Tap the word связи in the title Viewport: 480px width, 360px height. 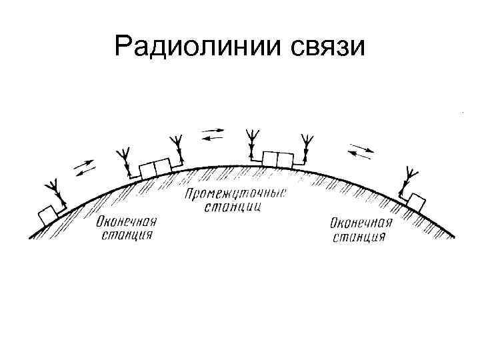(328, 46)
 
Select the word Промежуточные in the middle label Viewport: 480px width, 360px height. (235, 194)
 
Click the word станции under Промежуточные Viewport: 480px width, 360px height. (235, 207)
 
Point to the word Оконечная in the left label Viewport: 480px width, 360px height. (127, 222)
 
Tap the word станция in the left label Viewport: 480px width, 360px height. (127, 235)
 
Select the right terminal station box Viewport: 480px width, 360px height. (417, 200)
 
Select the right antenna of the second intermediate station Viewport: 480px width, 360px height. (306, 143)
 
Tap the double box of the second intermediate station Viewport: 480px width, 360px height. (277, 159)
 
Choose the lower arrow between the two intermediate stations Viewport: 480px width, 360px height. (213, 138)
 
